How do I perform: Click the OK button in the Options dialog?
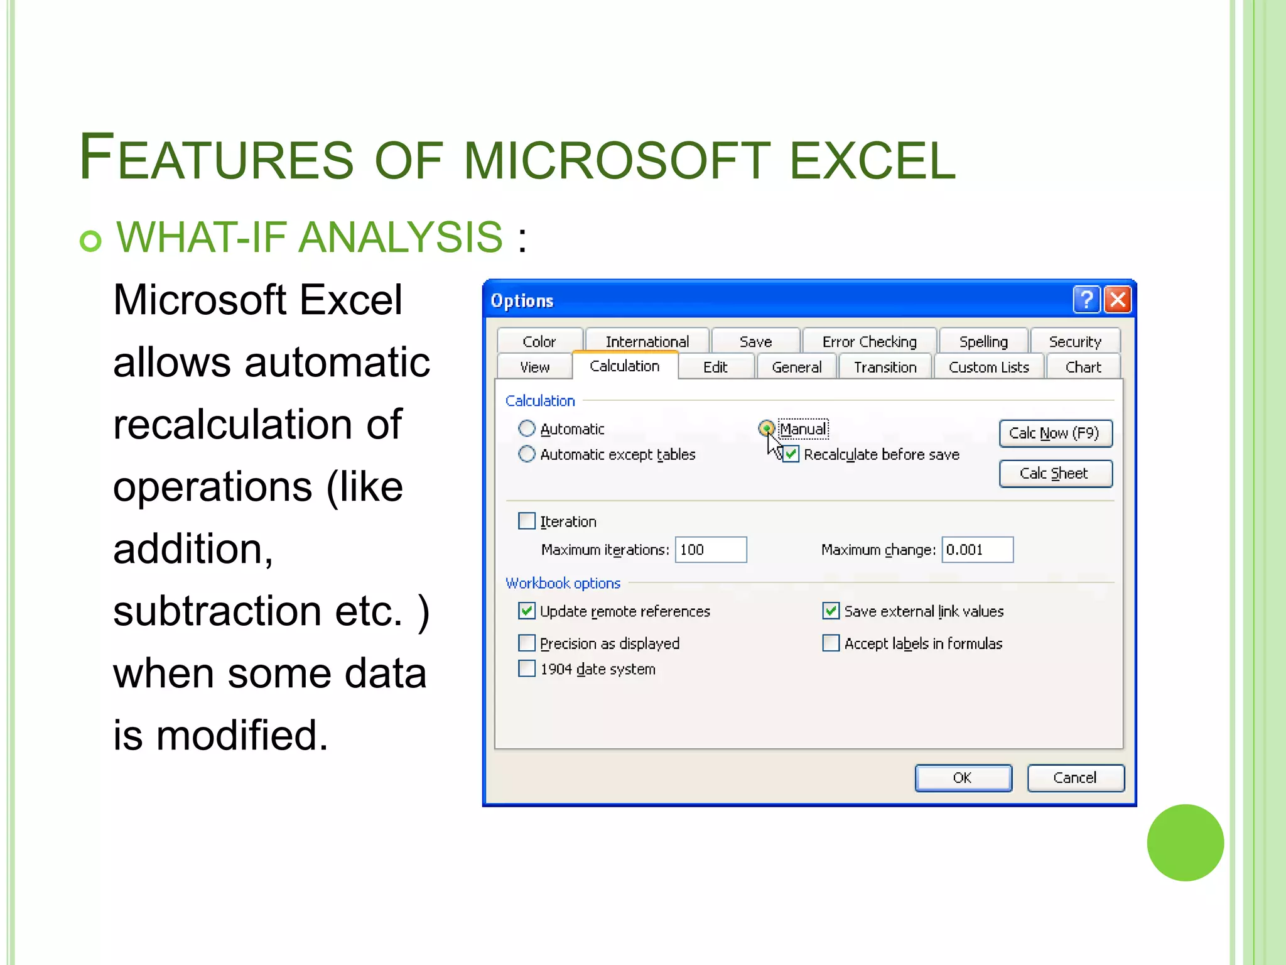coord(963,778)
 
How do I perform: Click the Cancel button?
coord(1075,778)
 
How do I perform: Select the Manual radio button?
coord(766,428)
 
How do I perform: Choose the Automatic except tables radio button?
coord(527,454)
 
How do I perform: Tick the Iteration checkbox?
coord(527,521)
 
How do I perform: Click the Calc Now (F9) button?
coord(1055,433)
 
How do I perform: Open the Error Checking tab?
coord(869,341)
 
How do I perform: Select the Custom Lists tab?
coord(988,367)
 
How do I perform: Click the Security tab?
coord(1074,341)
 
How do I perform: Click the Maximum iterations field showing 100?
coord(710,550)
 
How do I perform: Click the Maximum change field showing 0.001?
coord(977,550)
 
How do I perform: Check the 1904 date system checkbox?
coord(527,668)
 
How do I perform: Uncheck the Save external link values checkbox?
coord(831,611)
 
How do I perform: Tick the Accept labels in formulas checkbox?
coord(831,643)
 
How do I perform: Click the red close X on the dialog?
coord(1118,300)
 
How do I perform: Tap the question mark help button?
coord(1086,300)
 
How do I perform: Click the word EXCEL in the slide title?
coord(872,160)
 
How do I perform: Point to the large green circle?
coord(1185,842)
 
